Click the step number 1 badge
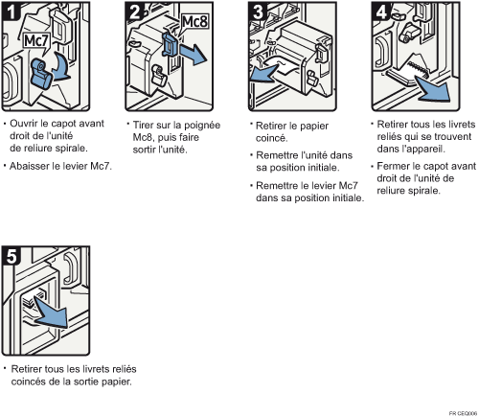coord(11,12)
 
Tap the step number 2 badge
coord(135,12)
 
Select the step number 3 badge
coord(258,12)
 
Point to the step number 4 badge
coord(381,12)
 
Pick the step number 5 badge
coord(11,256)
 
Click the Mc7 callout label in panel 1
coord(36,41)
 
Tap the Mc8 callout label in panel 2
coord(194,22)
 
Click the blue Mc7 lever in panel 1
coord(42,74)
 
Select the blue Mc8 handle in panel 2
coord(171,44)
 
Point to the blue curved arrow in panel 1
coord(63,67)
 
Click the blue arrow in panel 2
coord(193,54)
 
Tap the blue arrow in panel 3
coord(264,74)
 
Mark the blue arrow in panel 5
coord(53,313)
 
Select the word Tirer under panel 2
coord(144,125)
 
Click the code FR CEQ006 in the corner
coord(463,413)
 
